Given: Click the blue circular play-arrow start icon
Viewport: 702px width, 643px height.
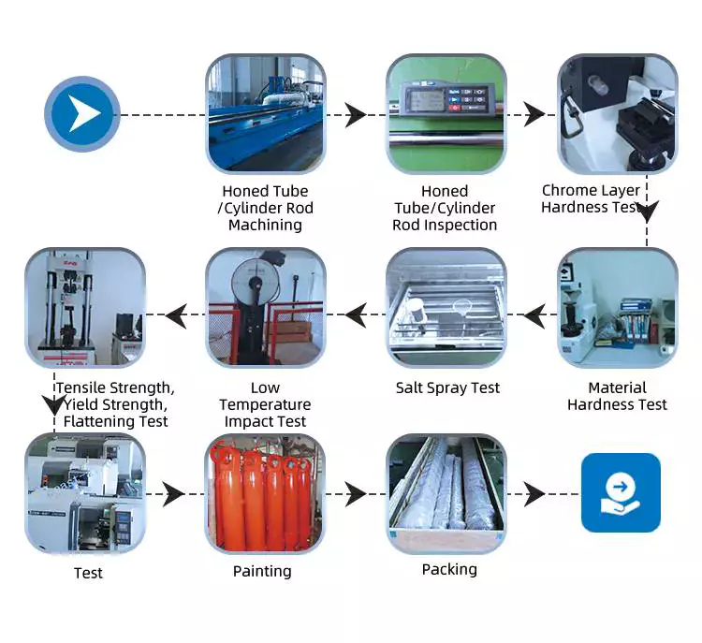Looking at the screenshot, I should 82,114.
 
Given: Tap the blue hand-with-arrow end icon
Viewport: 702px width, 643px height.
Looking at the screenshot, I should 621,493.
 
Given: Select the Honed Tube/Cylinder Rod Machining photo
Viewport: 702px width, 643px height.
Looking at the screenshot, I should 265,113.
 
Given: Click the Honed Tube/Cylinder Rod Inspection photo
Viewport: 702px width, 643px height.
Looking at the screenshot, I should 446,113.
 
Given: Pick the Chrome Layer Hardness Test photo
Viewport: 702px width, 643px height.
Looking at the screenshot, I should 617,113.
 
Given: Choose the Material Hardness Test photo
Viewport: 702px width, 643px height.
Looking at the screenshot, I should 617,308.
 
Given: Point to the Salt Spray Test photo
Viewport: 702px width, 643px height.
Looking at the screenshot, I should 446,308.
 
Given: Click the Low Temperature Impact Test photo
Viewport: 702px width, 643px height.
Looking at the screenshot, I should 265,308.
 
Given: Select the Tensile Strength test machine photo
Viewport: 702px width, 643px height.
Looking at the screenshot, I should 83,308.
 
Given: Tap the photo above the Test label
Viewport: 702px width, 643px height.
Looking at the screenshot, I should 83,493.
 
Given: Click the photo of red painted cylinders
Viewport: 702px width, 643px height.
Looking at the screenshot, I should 265,493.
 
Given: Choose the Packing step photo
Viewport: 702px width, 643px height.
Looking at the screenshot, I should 446,493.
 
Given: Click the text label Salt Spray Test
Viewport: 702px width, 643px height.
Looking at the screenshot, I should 447,387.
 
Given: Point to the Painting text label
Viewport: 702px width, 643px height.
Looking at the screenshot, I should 262,571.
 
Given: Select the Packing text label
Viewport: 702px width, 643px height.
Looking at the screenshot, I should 449,569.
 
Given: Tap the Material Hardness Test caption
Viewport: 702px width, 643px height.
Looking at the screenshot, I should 617,396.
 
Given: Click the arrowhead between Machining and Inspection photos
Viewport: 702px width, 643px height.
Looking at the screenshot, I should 356,115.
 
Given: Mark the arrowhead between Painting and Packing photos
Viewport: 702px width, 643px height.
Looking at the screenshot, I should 356,494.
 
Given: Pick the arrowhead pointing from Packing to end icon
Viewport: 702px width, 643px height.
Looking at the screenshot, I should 534,494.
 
